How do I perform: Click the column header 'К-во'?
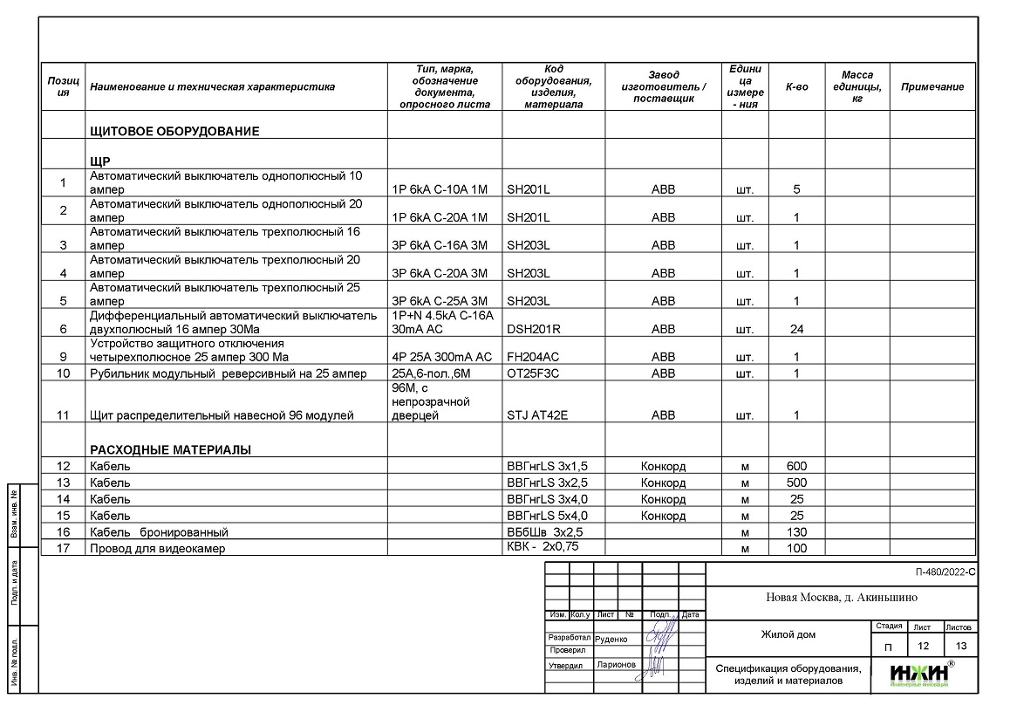coord(796,87)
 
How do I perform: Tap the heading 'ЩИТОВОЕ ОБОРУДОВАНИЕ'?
coord(174,132)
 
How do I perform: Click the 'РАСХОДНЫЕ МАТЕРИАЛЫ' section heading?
coord(170,450)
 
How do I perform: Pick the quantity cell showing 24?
coord(796,330)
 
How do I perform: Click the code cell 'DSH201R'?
coord(534,330)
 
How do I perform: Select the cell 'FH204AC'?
coord(534,358)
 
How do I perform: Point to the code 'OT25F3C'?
coord(533,374)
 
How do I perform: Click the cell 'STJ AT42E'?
coord(537,416)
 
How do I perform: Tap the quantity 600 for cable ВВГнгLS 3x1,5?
coord(796,466)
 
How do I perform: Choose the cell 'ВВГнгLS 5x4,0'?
coord(547,516)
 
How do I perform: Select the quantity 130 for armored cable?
coord(796,532)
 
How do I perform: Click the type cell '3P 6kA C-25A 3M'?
coord(440,302)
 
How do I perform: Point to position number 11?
coord(63,416)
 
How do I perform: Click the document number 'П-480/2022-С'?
coord(945,573)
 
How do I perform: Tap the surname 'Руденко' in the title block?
coord(611,639)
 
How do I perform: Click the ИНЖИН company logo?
coord(921,674)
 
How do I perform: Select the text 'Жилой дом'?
coord(788,634)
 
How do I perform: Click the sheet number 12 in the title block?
coord(923,647)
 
